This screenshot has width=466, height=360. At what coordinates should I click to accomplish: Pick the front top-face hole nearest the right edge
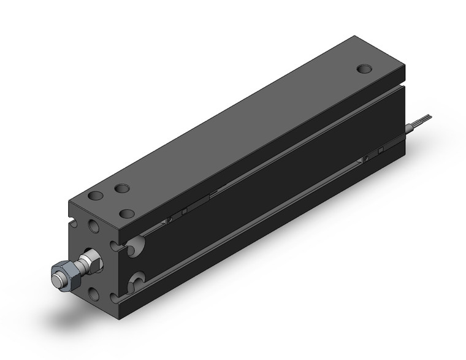(x=127, y=213)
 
